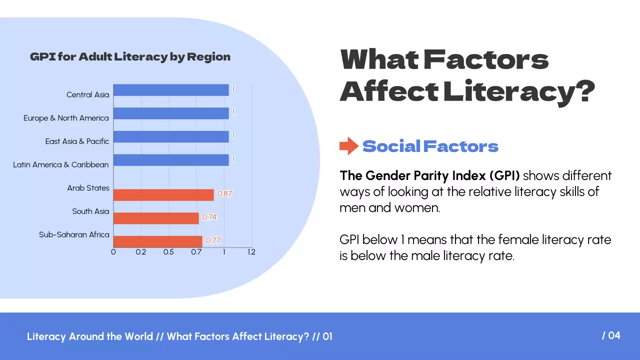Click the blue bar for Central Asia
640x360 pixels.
[171, 90]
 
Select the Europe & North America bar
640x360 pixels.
[171, 113]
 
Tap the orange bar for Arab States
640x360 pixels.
[163, 194]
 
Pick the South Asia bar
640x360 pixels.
[156, 218]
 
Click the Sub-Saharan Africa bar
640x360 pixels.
[158, 241]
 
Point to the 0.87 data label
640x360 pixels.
[225, 194]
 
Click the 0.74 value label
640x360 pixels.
[209, 217]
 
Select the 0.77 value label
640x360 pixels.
[213, 240]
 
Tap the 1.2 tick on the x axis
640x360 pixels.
[251, 252]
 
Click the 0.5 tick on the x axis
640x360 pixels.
[168, 252]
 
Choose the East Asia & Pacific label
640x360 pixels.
[77, 141]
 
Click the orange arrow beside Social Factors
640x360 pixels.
[348, 146]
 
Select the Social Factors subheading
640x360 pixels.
[430, 146]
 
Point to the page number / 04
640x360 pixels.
[611, 335]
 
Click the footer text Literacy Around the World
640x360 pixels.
[90, 336]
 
